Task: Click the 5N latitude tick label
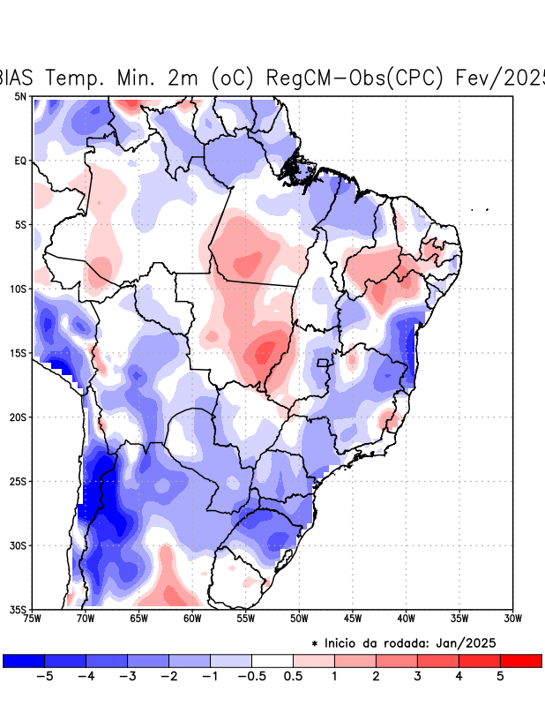coord(19,96)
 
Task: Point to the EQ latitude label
coord(20,161)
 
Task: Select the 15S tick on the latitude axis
coord(19,353)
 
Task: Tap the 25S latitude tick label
coord(19,481)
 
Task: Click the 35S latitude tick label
coord(19,609)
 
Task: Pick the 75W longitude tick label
coord(33,619)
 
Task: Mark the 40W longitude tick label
coord(406,619)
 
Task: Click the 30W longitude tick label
coord(512,619)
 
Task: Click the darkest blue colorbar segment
coord(24,660)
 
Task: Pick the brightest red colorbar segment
coord(520,660)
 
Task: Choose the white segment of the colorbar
coord(272,660)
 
